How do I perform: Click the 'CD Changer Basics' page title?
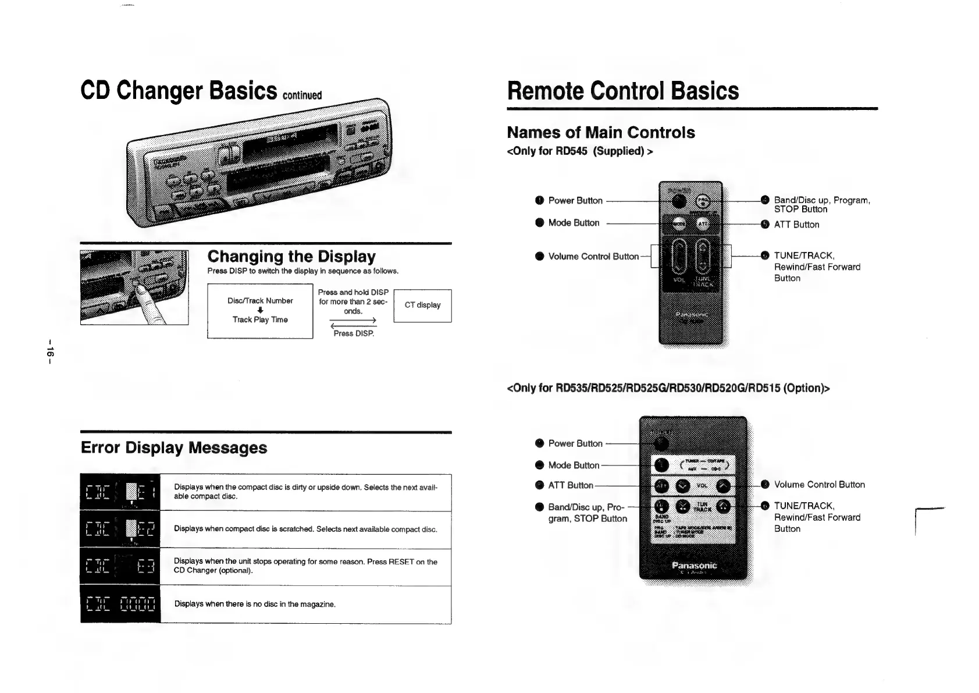pyautogui.click(x=179, y=91)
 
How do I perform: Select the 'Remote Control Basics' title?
pyautogui.click(x=622, y=91)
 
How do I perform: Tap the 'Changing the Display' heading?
pyautogui.click(x=291, y=256)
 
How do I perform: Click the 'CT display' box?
pyautogui.click(x=422, y=305)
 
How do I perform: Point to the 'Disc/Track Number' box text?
pyautogui.click(x=260, y=301)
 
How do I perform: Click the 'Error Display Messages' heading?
pyautogui.click(x=174, y=447)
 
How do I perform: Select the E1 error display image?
pyautogui.click(x=120, y=493)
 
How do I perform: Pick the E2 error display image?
pyautogui.click(x=120, y=529)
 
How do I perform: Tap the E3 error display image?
pyautogui.click(x=120, y=567)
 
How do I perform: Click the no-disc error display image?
pyautogui.click(x=120, y=604)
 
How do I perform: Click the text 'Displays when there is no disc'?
pyautogui.click(x=255, y=604)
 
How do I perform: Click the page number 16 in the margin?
pyautogui.click(x=50, y=351)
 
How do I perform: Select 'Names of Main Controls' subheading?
pyautogui.click(x=601, y=133)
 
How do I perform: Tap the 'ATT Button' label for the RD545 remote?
pyautogui.click(x=796, y=225)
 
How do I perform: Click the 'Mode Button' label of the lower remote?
pyautogui.click(x=573, y=465)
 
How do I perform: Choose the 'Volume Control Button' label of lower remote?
pyautogui.click(x=819, y=485)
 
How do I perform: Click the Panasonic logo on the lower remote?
pyautogui.click(x=694, y=565)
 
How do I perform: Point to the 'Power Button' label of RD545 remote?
pyautogui.click(x=575, y=201)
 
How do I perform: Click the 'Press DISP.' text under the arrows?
pyautogui.click(x=354, y=333)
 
